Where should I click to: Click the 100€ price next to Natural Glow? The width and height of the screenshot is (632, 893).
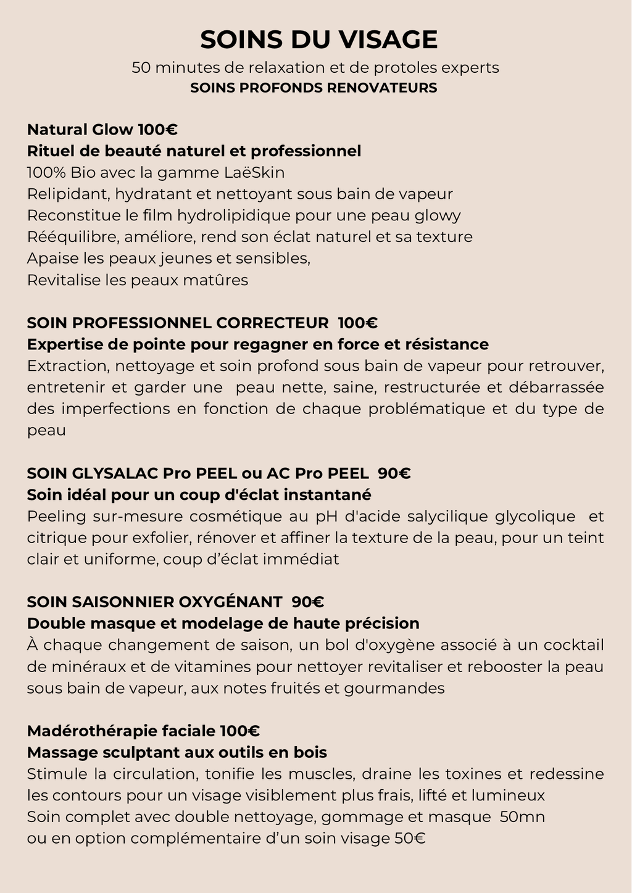157,130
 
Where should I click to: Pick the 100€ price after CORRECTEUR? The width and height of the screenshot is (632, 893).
358,323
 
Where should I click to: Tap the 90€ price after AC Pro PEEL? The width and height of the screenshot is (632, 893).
394,473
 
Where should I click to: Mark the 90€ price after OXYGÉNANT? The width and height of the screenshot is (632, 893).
308,602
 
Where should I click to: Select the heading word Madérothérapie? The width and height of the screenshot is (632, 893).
92,731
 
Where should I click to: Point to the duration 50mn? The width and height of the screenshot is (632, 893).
522,817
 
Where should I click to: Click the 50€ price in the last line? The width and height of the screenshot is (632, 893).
409,839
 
